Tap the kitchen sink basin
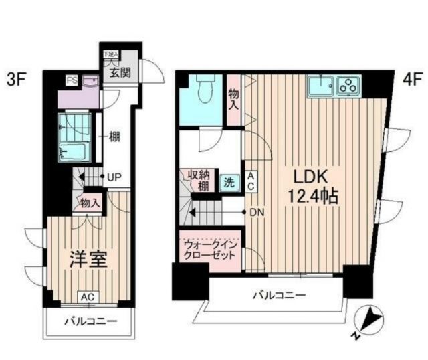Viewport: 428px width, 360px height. click(321, 86)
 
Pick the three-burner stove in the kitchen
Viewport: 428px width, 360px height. click(348, 86)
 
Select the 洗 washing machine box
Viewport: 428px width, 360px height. click(229, 182)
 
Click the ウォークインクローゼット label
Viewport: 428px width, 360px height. click(210, 250)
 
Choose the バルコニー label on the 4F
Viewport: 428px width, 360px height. click(279, 295)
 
